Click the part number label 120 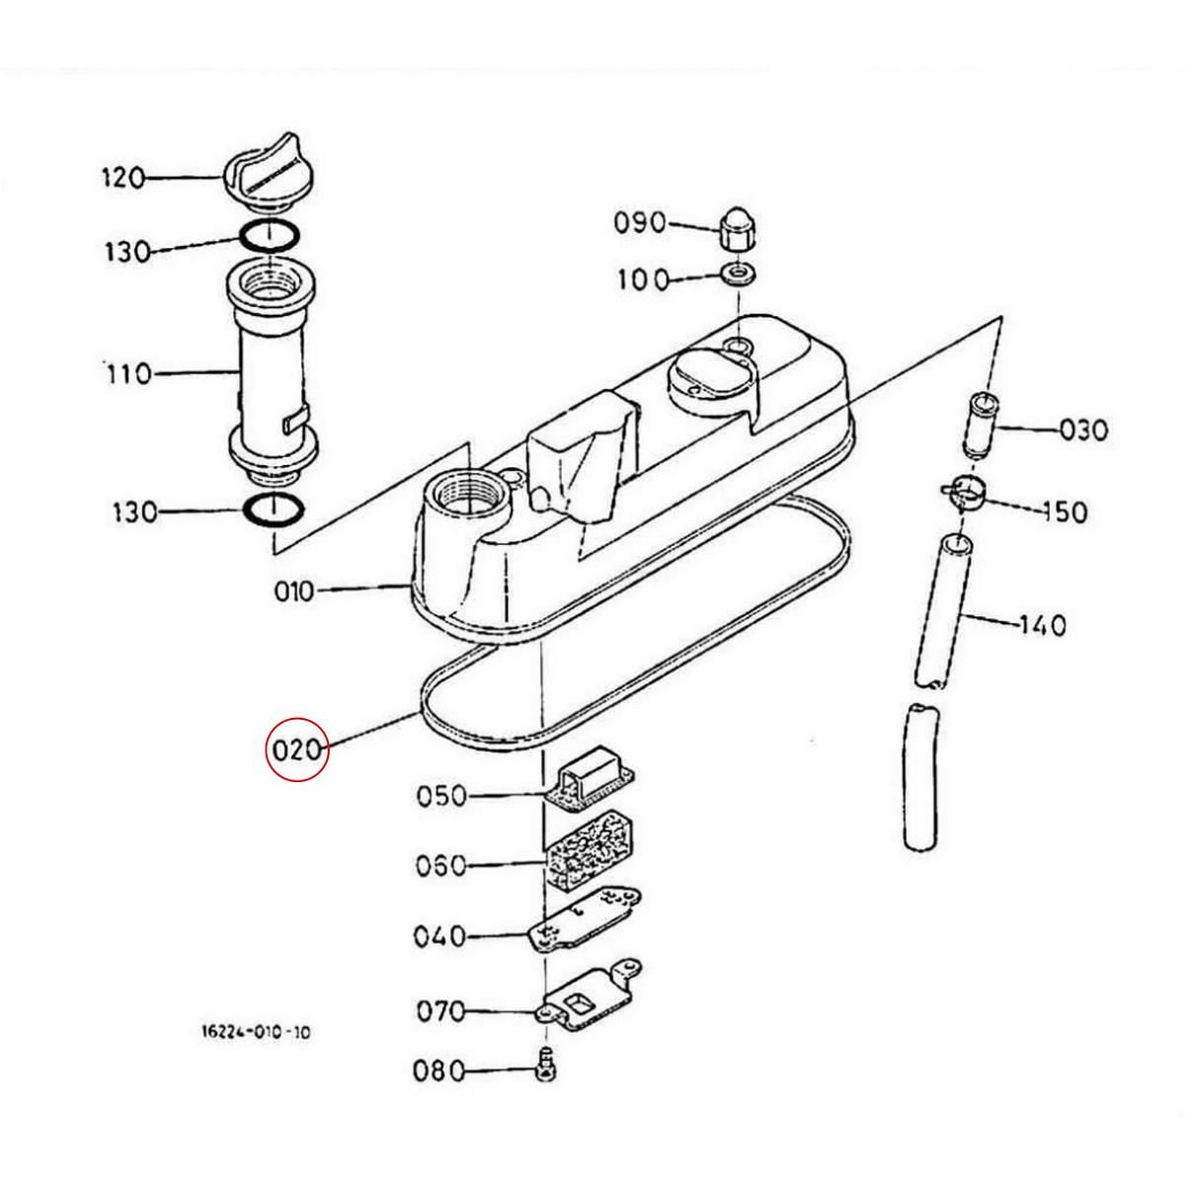[122, 178]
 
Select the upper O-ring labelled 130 [268, 237]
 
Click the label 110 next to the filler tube [129, 374]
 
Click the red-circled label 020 [297, 750]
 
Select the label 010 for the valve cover [293, 592]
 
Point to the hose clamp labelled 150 [963, 491]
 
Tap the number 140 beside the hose [1043, 625]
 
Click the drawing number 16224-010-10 [255, 1033]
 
